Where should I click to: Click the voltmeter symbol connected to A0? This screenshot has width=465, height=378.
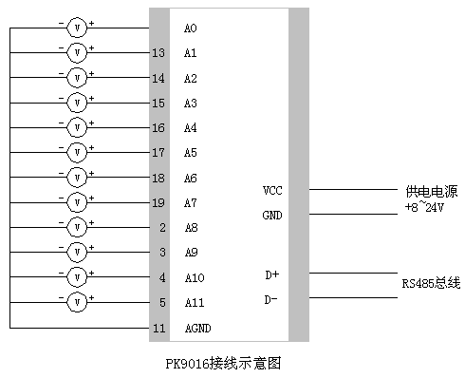click(x=77, y=28)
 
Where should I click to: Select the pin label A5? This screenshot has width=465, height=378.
click(x=190, y=153)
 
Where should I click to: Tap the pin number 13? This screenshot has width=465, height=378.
click(x=158, y=53)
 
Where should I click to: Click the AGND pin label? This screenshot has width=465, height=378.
click(x=197, y=329)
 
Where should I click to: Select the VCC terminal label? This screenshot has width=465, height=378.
click(x=272, y=190)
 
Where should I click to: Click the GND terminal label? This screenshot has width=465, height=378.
click(x=272, y=216)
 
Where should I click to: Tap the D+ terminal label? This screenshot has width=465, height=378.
click(x=271, y=275)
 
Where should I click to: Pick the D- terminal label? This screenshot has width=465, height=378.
click(x=271, y=300)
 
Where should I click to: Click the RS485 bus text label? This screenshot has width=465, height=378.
click(x=430, y=283)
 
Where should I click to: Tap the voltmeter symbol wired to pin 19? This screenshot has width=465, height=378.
click(x=77, y=202)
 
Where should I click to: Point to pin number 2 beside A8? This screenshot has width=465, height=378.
click(x=162, y=228)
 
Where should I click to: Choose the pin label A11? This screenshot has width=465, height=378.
click(x=193, y=303)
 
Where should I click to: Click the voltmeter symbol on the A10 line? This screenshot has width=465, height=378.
click(x=77, y=277)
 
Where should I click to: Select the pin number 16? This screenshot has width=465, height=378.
click(x=158, y=128)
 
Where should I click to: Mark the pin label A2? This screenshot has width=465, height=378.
click(x=190, y=78)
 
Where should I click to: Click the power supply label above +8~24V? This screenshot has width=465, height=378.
click(x=431, y=191)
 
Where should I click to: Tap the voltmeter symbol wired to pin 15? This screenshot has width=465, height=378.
click(x=77, y=103)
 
